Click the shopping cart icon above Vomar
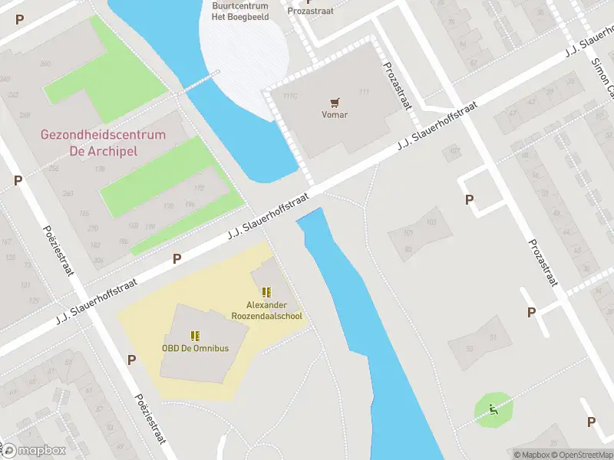[334, 102]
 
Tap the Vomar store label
[334, 115]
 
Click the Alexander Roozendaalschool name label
[267, 310]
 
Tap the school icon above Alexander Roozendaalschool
[266, 292]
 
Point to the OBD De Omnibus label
[195, 348]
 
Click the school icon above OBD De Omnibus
[195, 335]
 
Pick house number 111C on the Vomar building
[289, 96]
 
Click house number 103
[431, 222]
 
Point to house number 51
[494, 337]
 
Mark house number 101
[408, 234]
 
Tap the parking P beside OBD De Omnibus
[131, 360]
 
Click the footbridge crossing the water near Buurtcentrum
[198, 84]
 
